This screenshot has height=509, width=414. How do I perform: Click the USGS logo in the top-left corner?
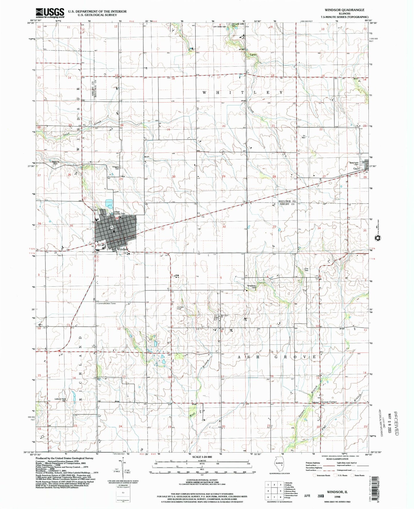pos(50,13)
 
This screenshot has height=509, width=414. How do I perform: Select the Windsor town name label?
pos(122,249)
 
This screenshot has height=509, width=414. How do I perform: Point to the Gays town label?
pos(356,169)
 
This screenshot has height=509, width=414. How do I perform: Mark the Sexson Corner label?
pos(329,402)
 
